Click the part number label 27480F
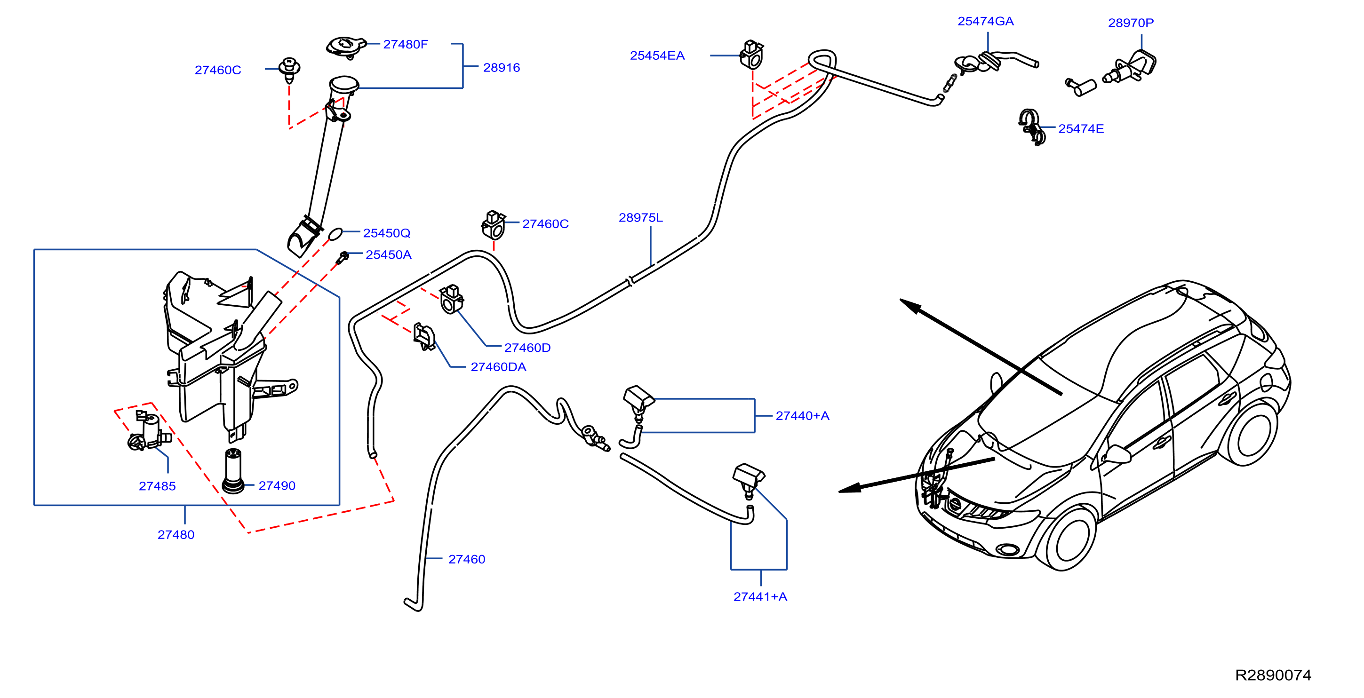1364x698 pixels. pyautogui.click(x=405, y=45)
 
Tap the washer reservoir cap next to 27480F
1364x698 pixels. pyautogui.click(x=346, y=47)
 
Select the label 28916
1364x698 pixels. pyautogui.click(x=502, y=68)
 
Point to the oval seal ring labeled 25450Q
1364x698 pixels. pyautogui.click(x=335, y=233)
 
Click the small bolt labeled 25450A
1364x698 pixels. pyautogui.click(x=343, y=258)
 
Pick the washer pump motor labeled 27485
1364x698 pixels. pyautogui.click(x=149, y=431)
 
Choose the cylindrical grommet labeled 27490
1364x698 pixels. pyautogui.click(x=233, y=470)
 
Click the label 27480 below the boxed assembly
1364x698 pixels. pyautogui.click(x=176, y=534)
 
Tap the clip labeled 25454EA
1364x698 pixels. pyautogui.click(x=751, y=55)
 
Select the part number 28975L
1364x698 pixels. pyautogui.click(x=640, y=217)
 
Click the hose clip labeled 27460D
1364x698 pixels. pyautogui.click(x=451, y=300)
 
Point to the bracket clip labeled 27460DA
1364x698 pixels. pyautogui.click(x=424, y=337)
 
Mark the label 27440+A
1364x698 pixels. pyautogui.click(x=802, y=416)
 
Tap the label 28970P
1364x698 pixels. pyautogui.click(x=1131, y=23)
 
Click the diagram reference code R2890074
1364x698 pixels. pyautogui.click(x=1273, y=674)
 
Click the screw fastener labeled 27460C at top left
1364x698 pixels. pyautogui.click(x=289, y=70)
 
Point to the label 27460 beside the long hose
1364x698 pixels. pyautogui.click(x=466, y=559)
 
